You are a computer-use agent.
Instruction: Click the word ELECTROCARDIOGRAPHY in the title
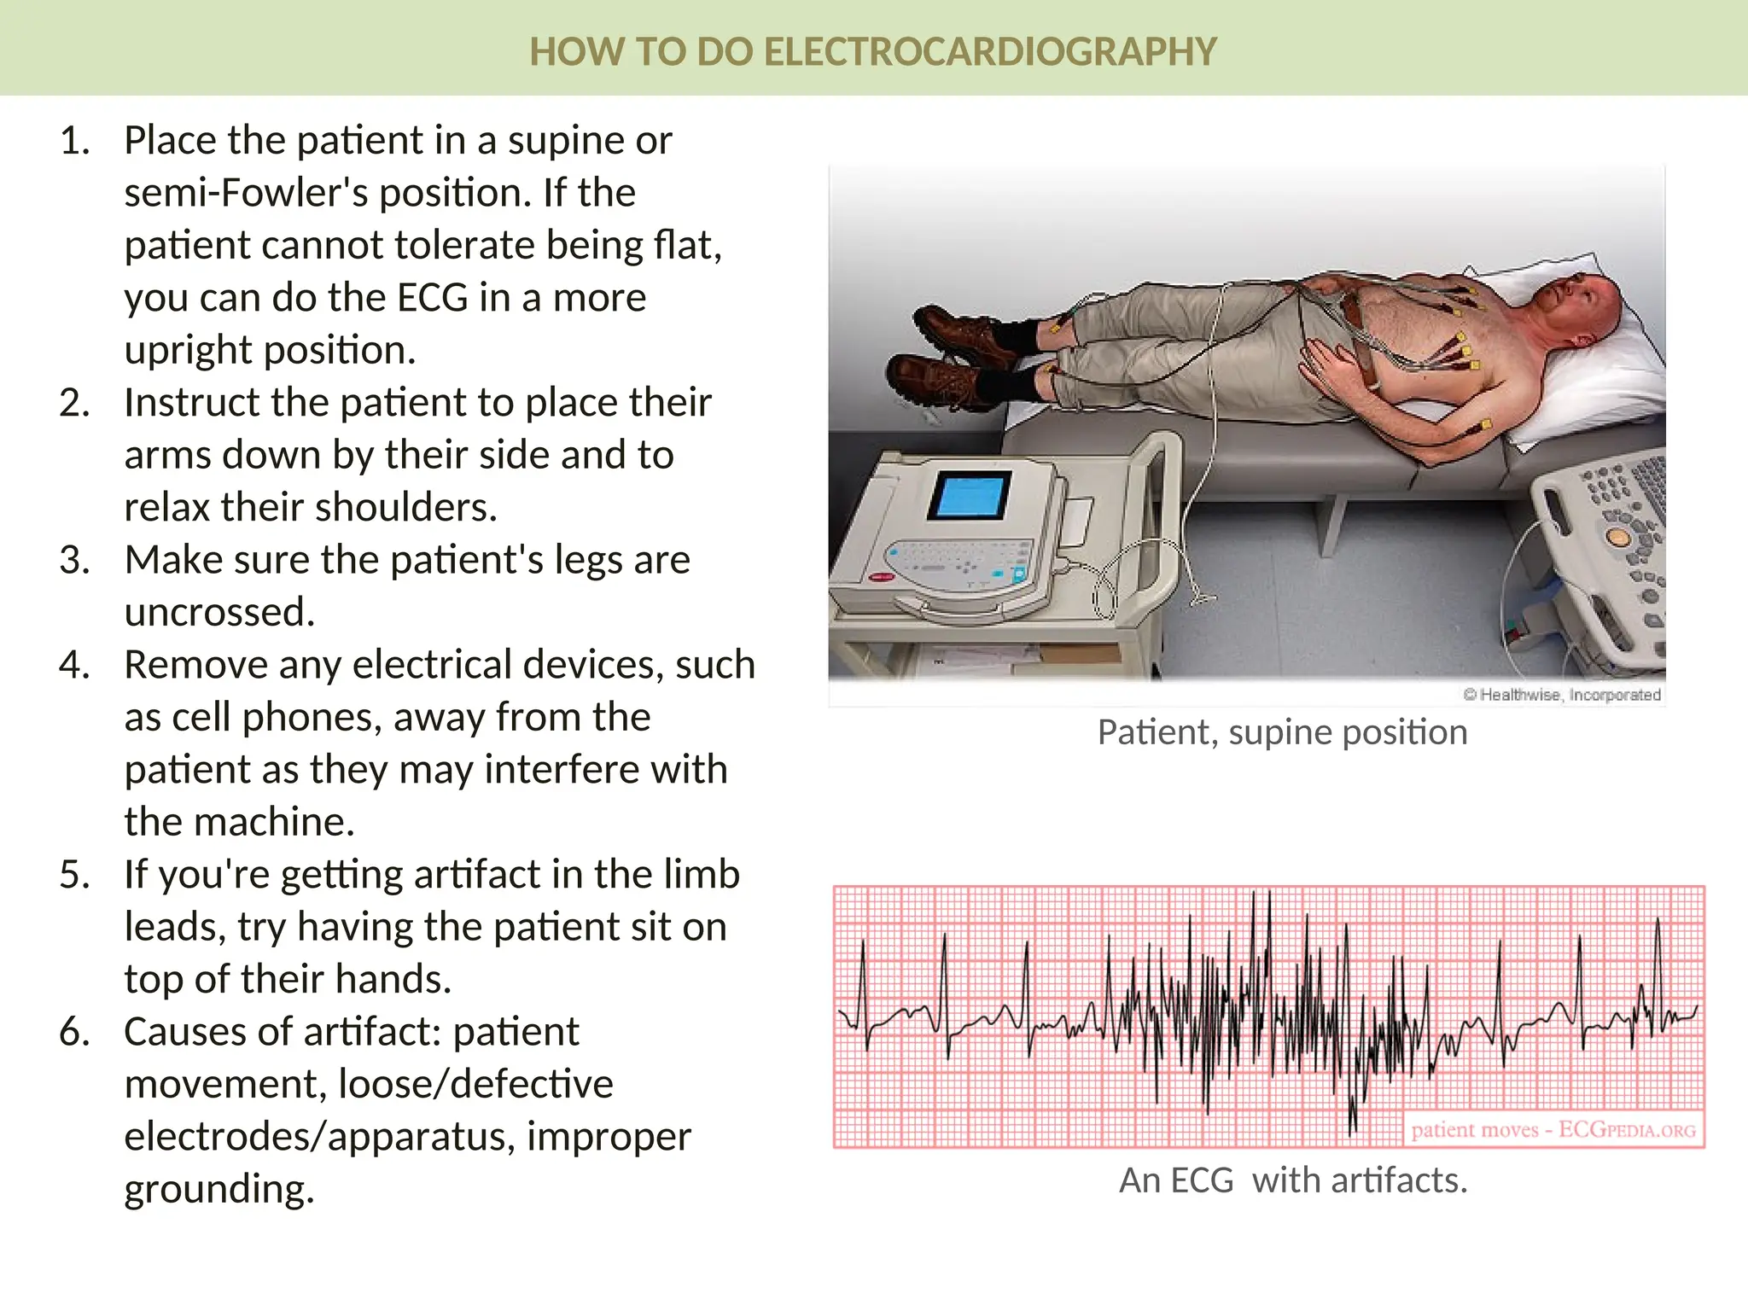[x=989, y=52]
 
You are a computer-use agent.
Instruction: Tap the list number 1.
[x=75, y=141]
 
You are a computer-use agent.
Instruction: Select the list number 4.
[x=75, y=665]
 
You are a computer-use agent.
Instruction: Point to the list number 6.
[x=75, y=1032]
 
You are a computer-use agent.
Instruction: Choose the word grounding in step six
[x=219, y=1189]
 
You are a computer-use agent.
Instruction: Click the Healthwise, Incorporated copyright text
[x=1562, y=695]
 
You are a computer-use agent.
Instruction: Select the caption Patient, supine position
[x=1282, y=732]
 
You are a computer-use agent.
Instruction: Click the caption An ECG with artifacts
[x=1292, y=1180]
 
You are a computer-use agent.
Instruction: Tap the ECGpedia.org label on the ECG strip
[x=1626, y=1130]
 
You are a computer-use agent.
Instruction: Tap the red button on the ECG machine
[x=880, y=578]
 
